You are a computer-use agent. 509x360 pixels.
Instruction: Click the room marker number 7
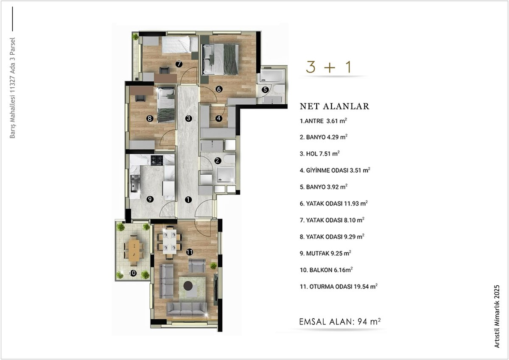(179, 64)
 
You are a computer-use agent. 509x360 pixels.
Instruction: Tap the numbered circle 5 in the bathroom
(265, 90)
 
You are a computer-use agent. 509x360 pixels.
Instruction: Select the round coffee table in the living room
(188, 285)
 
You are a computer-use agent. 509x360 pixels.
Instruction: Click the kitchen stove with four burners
(157, 160)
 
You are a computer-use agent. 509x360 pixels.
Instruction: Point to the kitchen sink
(135, 184)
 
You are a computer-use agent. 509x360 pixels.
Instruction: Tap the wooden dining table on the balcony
(134, 251)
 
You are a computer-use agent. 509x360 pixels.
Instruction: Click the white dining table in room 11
(170, 241)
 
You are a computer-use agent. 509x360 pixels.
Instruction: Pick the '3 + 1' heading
(329, 67)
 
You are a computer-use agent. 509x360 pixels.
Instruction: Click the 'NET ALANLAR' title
(335, 106)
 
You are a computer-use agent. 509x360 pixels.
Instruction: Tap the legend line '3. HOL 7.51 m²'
(319, 153)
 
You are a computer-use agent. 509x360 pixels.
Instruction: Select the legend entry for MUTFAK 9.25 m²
(325, 253)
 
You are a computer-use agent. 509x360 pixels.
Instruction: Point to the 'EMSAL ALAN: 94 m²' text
(340, 321)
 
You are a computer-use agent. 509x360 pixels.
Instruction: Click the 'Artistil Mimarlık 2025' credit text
(497, 316)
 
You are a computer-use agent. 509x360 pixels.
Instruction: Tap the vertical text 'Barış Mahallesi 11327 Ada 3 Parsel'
(12, 88)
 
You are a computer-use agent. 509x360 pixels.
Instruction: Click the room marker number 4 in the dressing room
(218, 118)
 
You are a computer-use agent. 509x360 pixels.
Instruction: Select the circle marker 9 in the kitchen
(150, 199)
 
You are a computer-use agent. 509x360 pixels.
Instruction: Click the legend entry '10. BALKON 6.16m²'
(326, 270)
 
